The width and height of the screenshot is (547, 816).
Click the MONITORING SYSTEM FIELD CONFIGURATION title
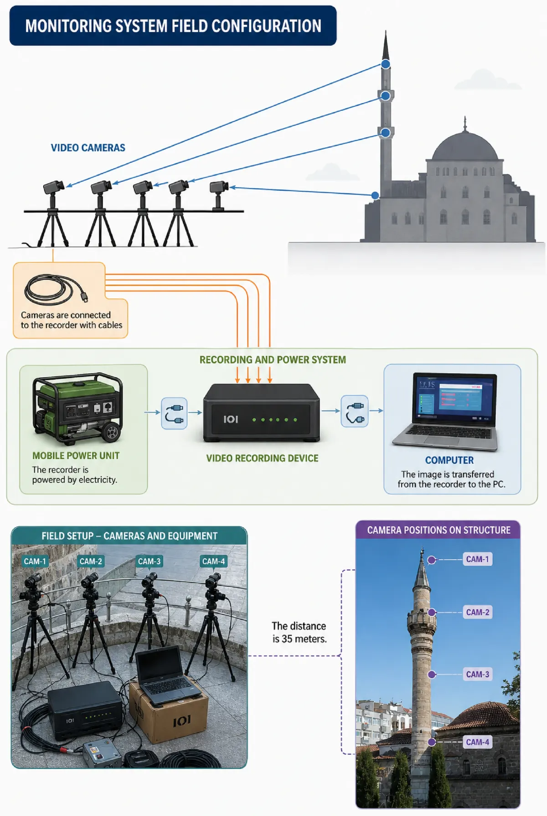click(x=173, y=26)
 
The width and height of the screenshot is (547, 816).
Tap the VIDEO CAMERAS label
click(x=88, y=148)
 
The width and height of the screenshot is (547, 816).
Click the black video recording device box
click(x=261, y=413)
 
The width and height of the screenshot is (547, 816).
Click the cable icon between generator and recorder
click(x=174, y=413)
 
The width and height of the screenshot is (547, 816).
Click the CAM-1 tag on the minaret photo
click(x=478, y=559)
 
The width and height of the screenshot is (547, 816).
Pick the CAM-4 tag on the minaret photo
click(x=478, y=742)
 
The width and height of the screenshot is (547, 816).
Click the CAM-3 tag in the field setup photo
click(x=150, y=561)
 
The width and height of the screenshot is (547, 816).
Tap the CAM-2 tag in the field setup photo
click(x=91, y=561)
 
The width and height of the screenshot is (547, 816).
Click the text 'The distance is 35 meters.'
click(x=299, y=632)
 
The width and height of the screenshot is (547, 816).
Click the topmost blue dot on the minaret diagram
click(x=386, y=64)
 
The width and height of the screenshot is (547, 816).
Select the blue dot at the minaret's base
click(x=375, y=196)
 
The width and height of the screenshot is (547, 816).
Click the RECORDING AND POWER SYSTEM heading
click(x=273, y=360)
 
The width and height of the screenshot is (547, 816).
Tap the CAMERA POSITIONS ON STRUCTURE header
click(x=439, y=530)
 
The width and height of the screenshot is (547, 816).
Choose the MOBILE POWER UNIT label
click(x=76, y=456)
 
